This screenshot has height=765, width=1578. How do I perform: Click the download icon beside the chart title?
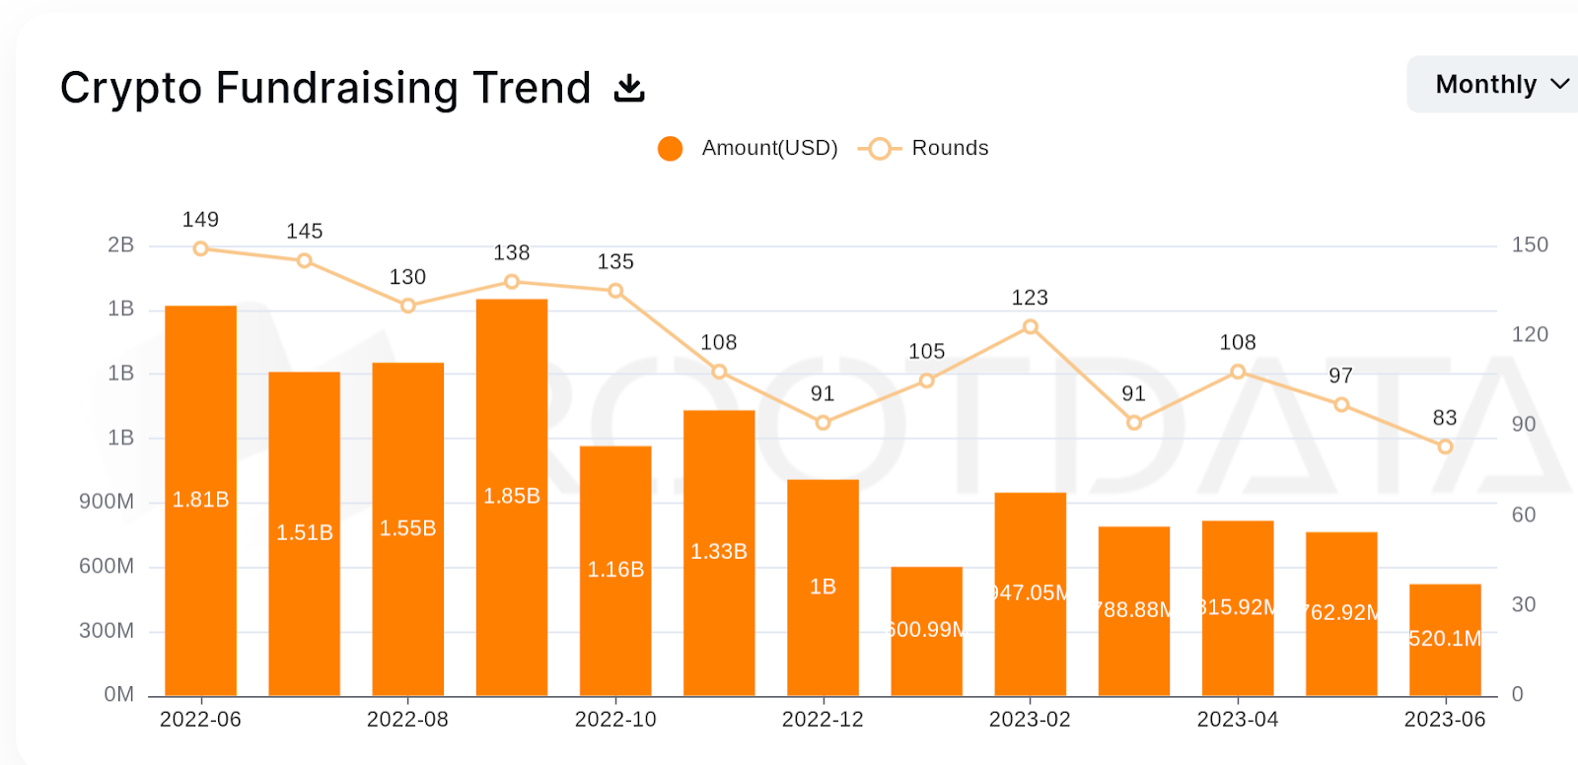click(x=629, y=88)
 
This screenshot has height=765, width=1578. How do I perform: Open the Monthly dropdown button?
click(x=1499, y=85)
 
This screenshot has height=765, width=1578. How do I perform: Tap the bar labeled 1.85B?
click(x=512, y=497)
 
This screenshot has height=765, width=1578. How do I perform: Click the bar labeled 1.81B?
click(x=200, y=500)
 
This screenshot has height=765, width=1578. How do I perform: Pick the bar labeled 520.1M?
click(x=1445, y=639)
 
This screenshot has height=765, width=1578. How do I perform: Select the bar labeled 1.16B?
click(x=615, y=570)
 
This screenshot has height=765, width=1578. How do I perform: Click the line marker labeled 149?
click(x=200, y=248)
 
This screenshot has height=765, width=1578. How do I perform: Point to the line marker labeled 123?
click(x=1030, y=326)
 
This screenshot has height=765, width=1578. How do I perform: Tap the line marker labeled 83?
click(x=1445, y=447)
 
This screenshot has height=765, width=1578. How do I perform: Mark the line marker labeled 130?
click(x=408, y=306)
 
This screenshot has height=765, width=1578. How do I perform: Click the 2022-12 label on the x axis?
click(x=823, y=720)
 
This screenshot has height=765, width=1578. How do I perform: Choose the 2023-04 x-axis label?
click(x=1238, y=720)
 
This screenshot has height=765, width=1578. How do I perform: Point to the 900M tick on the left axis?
click(x=107, y=502)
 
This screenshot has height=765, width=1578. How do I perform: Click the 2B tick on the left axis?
click(x=120, y=245)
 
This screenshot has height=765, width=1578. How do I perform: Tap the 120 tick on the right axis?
click(x=1530, y=335)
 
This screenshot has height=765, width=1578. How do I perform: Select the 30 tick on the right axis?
click(x=1524, y=604)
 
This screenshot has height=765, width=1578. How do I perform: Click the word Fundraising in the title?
click(x=336, y=89)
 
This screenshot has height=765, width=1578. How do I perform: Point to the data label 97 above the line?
click(x=1340, y=376)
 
